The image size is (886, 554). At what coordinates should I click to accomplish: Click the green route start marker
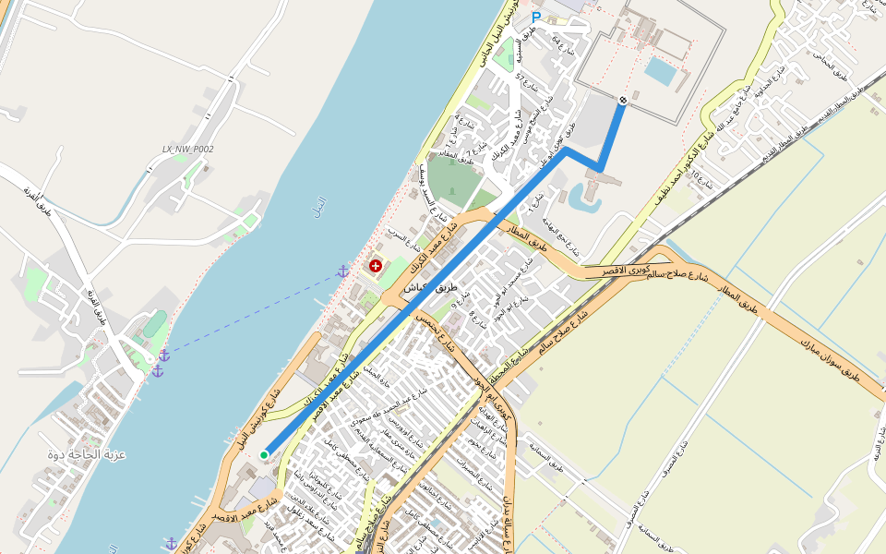click(264, 454)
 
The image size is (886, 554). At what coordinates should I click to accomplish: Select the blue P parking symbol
click(536, 18)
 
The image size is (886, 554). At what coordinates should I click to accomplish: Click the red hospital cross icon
click(376, 267)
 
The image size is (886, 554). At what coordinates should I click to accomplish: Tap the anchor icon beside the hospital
click(342, 271)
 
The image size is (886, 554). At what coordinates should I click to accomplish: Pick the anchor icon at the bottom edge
click(171, 544)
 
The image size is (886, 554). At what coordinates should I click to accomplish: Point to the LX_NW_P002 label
click(187, 149)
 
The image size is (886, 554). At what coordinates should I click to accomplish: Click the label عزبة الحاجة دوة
click(87, 455)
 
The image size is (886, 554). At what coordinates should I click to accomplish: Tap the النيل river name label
click(320, 200)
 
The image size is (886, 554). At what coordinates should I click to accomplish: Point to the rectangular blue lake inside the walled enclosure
click(660, 71)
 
